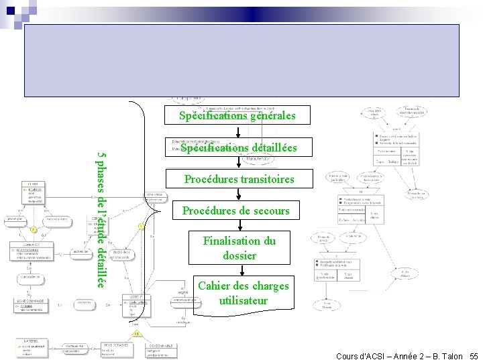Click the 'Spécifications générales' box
[x=237, y=115]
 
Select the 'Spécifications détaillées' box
[x=237, y=147]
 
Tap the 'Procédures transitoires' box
[x=239, y=179]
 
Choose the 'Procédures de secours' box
[x=236, y=210]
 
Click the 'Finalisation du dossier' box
[x=240, y=248]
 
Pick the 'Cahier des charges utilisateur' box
[x=243, y=294]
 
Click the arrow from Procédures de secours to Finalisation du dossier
[x=237, y=225]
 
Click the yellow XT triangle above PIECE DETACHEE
[x=137, y=333]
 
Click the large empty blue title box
[x=241, y=60]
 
